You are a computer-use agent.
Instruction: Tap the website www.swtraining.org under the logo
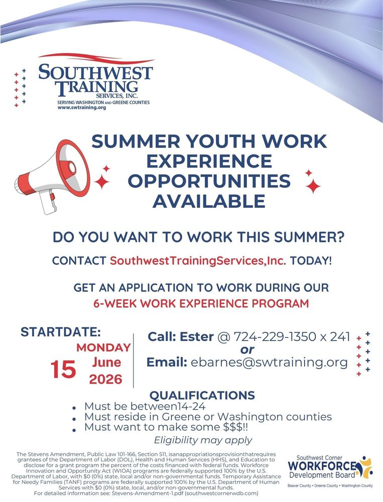click(82, 107)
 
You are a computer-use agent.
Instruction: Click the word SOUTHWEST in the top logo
click(95, 72)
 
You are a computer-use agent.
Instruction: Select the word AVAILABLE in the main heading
click(209, 201)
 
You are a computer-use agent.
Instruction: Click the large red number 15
click(64, 370)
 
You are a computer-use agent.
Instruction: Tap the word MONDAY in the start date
click(104, 347)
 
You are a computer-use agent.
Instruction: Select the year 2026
click(106, 379)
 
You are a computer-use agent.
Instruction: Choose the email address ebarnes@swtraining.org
click(269, 362)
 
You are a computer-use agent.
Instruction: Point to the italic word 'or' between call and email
click(247, 349)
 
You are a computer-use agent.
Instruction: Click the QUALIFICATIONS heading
click(202, 395)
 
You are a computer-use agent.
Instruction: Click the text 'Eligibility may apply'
click(203, 440)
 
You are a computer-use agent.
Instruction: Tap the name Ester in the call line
click(196, 336)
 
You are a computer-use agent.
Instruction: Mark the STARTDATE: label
click(61, 332)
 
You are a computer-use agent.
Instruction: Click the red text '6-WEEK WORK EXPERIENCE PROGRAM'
click(201, 304)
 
